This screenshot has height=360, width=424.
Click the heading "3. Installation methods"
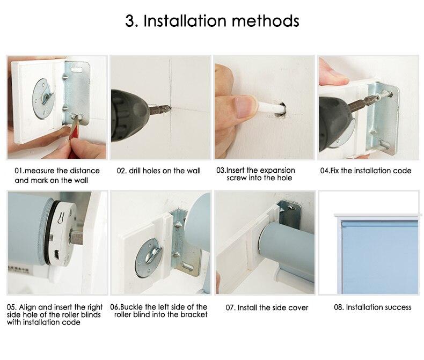point(212,20)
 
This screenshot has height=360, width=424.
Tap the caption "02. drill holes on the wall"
point(159,171)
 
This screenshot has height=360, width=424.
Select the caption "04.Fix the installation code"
point(365,171)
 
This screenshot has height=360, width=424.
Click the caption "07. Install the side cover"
point(267,307)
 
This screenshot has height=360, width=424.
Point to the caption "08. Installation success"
point(372,307)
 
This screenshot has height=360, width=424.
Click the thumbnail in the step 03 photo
point(244,107)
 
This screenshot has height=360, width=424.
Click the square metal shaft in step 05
point(77,237)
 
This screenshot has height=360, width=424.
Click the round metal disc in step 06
point(149,259)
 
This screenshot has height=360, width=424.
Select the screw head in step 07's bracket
point(291,207)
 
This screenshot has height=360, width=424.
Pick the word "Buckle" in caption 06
point(131,307)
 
